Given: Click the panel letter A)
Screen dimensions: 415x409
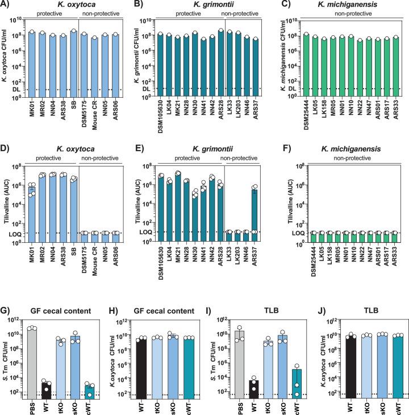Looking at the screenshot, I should [7, 5].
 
